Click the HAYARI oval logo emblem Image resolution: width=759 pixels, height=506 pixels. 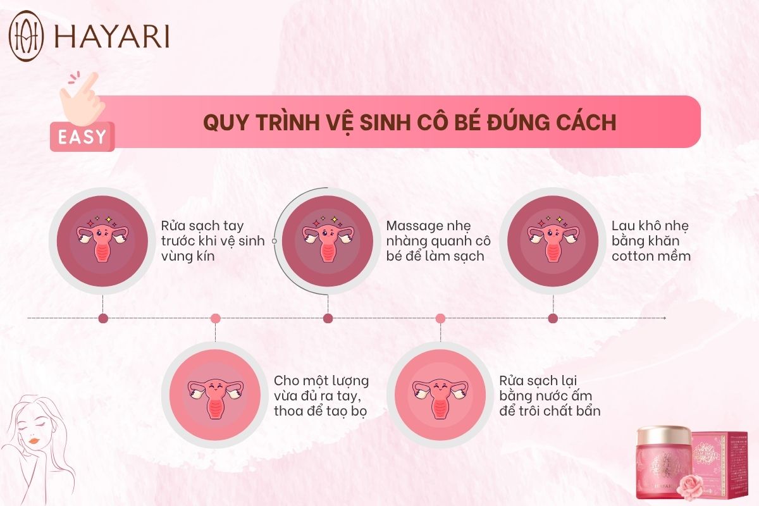coord(26,35)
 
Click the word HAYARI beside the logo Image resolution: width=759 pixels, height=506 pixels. coord(112,36)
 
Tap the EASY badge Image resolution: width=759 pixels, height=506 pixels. coord(82,137)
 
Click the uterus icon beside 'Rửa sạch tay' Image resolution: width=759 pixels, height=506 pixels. coord(102,239)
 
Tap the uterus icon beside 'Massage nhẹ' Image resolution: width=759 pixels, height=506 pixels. coord(328,239)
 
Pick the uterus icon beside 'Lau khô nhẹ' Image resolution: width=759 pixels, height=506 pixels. coord(553,239)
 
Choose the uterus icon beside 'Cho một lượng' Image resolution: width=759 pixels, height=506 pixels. coord(216,398)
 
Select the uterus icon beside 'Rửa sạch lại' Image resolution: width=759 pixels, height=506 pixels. coord(440,398)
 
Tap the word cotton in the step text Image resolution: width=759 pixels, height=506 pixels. coord(632,256)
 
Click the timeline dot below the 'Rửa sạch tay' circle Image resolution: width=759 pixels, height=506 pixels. coord(103,318)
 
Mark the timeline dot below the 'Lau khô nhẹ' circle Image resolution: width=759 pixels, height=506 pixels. coord(553,318)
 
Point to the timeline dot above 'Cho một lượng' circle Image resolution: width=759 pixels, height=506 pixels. coord(216,318)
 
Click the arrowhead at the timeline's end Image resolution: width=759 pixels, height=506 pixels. coord(665,318)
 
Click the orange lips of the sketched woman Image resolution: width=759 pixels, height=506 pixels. coord(34,441)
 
